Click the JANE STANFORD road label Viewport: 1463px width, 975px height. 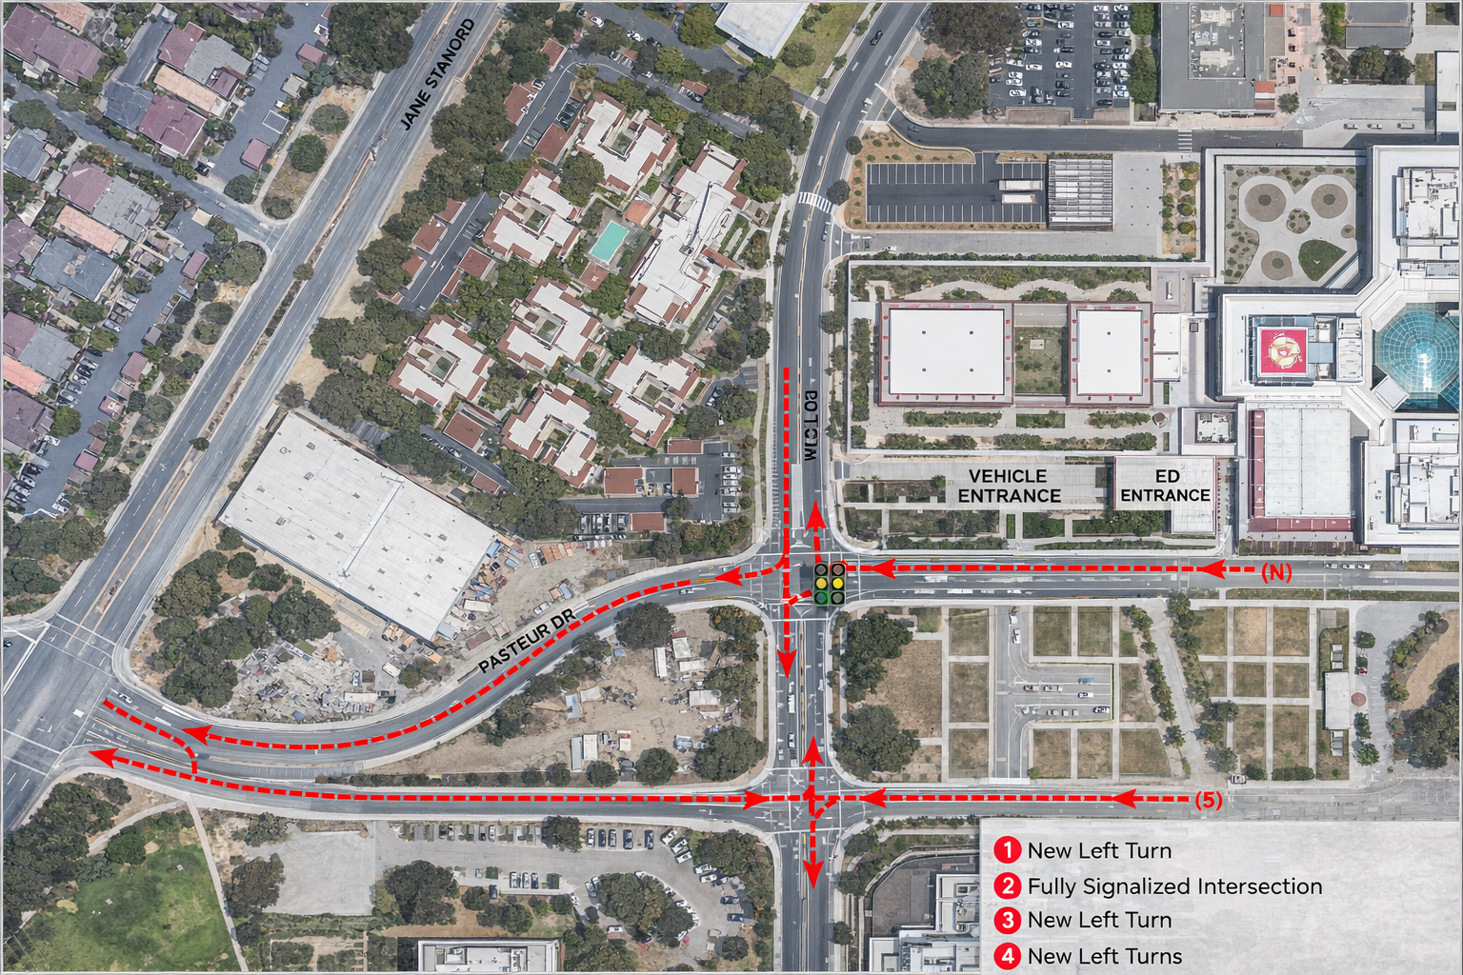pyautogui.click(x=437, y=74)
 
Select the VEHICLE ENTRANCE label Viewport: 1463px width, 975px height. pyautogui.click(x=1009, y=486)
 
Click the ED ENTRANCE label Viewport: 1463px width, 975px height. pyautogui.click(x=1165, y=486)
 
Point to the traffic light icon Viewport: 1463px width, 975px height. pyautogui.click(x=829, y=583)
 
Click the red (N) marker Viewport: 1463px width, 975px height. pyautogui.click(x=1276, y=572)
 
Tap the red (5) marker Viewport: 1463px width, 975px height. pyautogui.click(x=1208, y=800)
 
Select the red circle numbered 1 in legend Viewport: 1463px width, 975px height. pyautogui.click(x=1007, y=850)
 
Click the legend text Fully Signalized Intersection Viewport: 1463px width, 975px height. pyautogui.click(x=1174, y=886)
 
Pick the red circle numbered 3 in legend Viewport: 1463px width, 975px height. pyautogui.click(x=1007, y=921)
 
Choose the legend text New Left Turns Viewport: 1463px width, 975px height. pyautogui.click(x=1104, y=956)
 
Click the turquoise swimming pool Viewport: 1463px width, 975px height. pyautogui.click(x=608, y=242)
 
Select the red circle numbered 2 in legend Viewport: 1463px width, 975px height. pyautogui.click(x=1007, y=886)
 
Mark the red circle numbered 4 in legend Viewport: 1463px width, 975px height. pyautogui.click(x=1007, y=956)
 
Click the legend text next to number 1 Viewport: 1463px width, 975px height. pyautogui.click(x=1099, y=850)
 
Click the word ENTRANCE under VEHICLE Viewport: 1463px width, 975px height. pyautogui.click(x=1009, y=496)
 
